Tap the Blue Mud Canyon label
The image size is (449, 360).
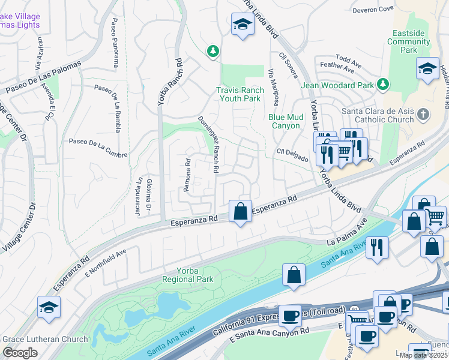click(285, 122)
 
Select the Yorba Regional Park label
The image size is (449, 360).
click(187, 275)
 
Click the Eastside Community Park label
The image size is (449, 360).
click(409, 41)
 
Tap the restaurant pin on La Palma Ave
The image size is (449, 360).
click(377, 246)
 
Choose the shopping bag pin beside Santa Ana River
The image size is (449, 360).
click(294, 275)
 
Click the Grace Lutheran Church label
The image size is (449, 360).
click(46, 339)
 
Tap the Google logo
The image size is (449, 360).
click(20, 353)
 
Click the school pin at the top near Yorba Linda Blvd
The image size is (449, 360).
click(242, 25)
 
